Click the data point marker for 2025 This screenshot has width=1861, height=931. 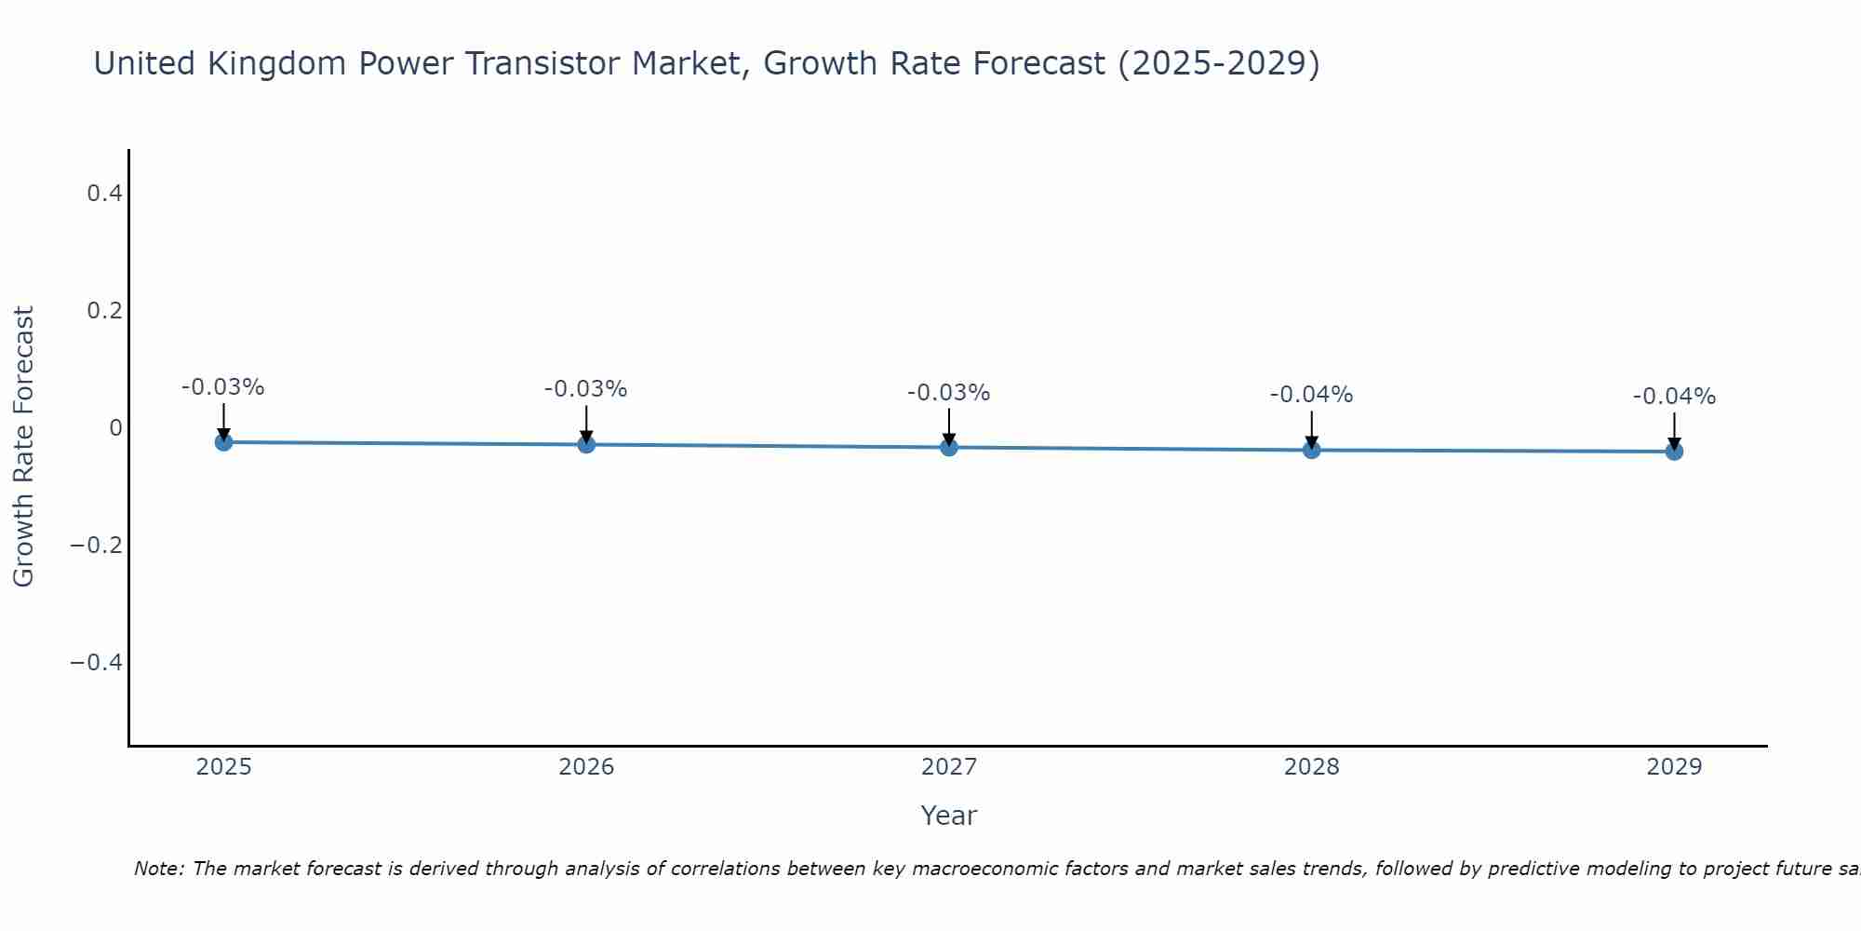click(x=223, y=442)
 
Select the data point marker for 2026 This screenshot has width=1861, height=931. click(x=586, y=445)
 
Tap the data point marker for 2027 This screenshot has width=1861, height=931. click(x=949, y=448)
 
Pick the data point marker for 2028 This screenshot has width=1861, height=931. click(x=1312, y=450)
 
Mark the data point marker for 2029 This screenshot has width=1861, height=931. click(x=1674, y=452)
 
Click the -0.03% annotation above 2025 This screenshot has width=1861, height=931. click(x=222, y=387)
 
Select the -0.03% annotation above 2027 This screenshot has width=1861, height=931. click(x=948, y=393)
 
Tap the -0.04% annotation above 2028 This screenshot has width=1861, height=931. click(x=1311, y=395)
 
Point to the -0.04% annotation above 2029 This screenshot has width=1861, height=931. click(x=1674, y=397)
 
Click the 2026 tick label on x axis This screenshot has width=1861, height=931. click(x=586, y=767)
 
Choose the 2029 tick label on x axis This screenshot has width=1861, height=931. click(x=1674, y=767)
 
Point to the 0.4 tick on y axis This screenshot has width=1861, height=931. click(x=104, y=194)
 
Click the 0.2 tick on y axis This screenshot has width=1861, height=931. click(x=104, y=311)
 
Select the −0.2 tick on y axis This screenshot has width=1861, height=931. click(x=96, y=545)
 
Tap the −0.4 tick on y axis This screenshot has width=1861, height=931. click(x=96, y=662)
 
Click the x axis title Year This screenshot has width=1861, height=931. click(x=948, y=816)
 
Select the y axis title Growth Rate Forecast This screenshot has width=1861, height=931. click(x=23, y=447)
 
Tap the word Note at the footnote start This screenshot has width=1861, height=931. click(x=158, y=869)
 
